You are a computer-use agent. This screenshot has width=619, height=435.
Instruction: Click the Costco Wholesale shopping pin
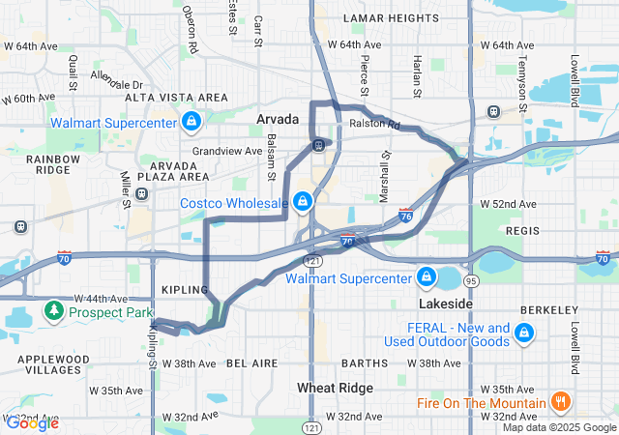click(x=303, y=201)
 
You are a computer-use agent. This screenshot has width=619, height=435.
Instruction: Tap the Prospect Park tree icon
click(x=55, y=312)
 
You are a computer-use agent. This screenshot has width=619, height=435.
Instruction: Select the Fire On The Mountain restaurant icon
click(x=559, y=403)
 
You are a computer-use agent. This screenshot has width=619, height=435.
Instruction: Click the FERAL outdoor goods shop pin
click(x=524, y=333)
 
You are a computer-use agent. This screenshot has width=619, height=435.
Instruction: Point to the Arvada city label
click(x=278, y=120)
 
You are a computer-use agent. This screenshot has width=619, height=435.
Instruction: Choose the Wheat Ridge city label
click(x=329, y=388)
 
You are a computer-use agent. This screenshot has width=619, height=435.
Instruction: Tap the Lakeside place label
click(x=446, y=304)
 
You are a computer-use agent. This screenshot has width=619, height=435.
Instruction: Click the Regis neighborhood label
click(x=524, y=231)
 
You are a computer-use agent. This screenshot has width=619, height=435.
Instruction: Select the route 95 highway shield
click(x=471, y=280)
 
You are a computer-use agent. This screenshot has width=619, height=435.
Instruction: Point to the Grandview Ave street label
click(x=227, y=151)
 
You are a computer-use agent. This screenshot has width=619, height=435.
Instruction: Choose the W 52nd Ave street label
click(x=509, y=204)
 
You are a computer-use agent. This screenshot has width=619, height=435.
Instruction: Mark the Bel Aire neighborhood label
click(x=251, y=363)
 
